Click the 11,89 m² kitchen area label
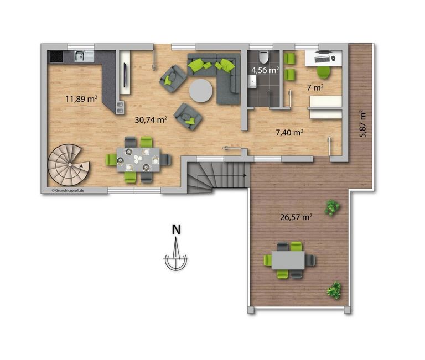click(x=81, y=98)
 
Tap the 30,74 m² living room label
click(x=151, y=119)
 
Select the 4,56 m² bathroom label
click(x=265, y=70)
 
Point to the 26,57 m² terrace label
click(x=296, y=217)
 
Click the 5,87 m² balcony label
click(x=362, y=123)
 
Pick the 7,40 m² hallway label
click(x=289, y=133)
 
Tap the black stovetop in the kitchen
click(x=55, y=56)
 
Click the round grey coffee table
click(x=201, y=91)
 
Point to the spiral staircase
click(x=68, y=164)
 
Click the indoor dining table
click(x=138, y=160)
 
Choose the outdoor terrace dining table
click(x=288, y=260)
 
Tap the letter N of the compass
click(x=176, y=229)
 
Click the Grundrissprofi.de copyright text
click(x=68, y=190)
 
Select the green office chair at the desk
click(x=323, y=72)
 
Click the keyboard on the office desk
click(x=322, y=59)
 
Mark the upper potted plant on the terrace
click(x=332, y=207)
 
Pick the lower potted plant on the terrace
click(x=334, y=290)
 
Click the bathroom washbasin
click(x=252, y=81)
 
